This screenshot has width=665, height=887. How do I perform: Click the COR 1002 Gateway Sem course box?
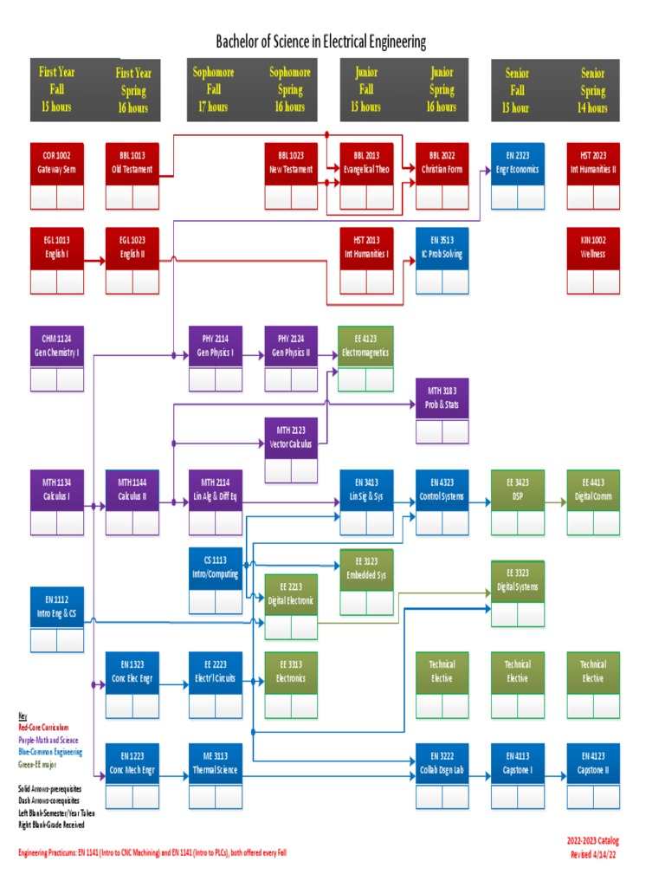point(57,163)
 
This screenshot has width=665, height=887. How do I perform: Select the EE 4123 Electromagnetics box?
point(365,347)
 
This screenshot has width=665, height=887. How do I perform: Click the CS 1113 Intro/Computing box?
point(215,568)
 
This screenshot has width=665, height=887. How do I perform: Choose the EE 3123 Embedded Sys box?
point(365,570)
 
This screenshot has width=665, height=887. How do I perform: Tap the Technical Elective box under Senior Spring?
point(593,672)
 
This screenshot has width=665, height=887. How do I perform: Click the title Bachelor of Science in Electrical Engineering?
point(320,42)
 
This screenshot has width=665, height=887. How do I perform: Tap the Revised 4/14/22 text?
point(594,854)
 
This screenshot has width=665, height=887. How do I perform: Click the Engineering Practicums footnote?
point(152,853)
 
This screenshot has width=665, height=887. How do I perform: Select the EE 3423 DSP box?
point(517,491)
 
